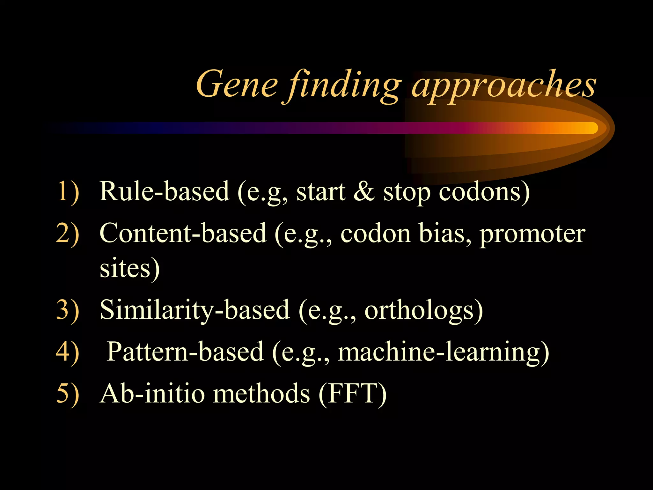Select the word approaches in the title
[504, 85]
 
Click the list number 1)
[68, 192]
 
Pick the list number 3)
[68, 310]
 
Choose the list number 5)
[68, 394]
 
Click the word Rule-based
[164, 191]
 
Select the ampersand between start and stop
[364, 192]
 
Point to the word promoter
[532, 234]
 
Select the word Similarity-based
[194, 310]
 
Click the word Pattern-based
[185, 352]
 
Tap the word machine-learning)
[443, 352]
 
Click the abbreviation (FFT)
[353, 394]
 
